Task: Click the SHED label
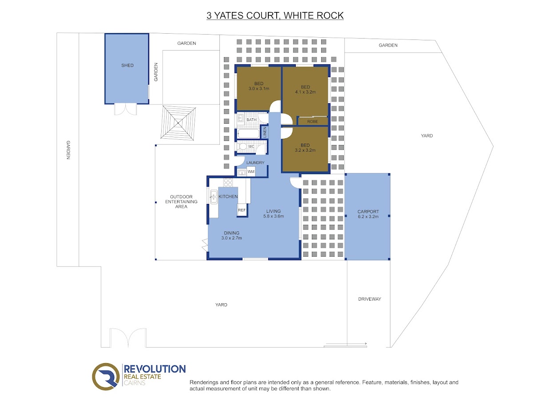(x=127, y=65)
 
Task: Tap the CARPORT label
(x=368, y=211)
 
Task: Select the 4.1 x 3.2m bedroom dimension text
(x=305, y=92)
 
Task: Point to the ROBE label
(x=312, y=121)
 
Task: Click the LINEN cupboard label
(x=264, y=132)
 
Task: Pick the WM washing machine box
(x=251, y=172)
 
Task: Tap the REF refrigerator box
(x=242, y=210)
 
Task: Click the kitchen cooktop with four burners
(x=228, y=182)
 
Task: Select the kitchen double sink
(x=214, y=197)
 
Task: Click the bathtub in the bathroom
(x=248, y=133)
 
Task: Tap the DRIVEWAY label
(x=370, y=299)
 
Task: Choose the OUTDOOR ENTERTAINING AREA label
(x=181, y=201)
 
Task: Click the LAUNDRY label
(x=255, y=163)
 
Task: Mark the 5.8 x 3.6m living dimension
(x=274, y=216)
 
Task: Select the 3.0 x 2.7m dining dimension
(x=231, y=238)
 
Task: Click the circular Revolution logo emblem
(x=106, y=376)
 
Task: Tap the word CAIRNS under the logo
(x=135, y=383)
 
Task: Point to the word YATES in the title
(x=228, y=16)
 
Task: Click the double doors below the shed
(x=125, y=110)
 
